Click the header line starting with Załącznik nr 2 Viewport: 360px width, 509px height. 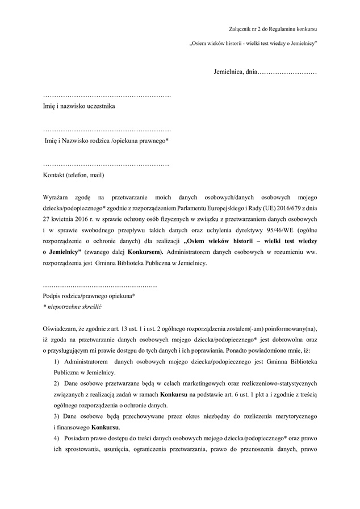[273, 28]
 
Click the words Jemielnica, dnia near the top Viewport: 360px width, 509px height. [236, 73]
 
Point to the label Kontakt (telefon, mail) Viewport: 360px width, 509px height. [74, 175]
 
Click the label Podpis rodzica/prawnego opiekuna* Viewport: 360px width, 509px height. [89, 296]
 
